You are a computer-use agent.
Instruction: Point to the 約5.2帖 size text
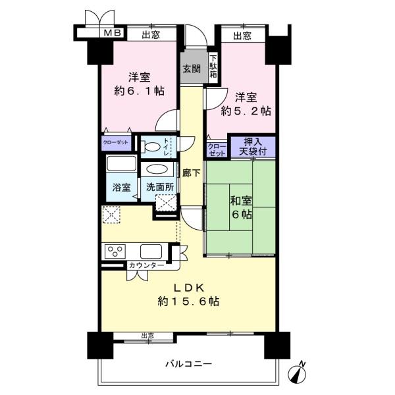pyautogui.click(x=246, y=111)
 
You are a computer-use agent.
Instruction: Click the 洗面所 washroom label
pyautogui.click(x=160, y=187)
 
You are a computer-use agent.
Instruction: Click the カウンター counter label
pyautogui.click(x=146, y=265)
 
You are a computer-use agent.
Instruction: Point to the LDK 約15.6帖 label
pyautogui.click(x=188, y=294)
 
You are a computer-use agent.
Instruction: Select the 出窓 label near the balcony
pyautogui.click(x=147, y=336)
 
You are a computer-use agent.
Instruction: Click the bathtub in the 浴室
pyautogui.click(x=120, y=165)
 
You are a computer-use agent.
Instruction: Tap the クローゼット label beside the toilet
pyautogui.click(x=116, y=142)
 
